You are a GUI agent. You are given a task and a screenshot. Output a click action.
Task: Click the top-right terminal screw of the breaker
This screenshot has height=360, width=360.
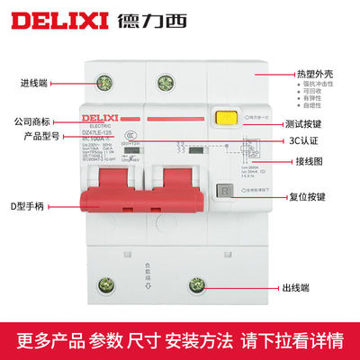click(166, 84)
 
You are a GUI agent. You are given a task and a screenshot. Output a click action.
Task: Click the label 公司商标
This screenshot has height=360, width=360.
click(38, 120)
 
